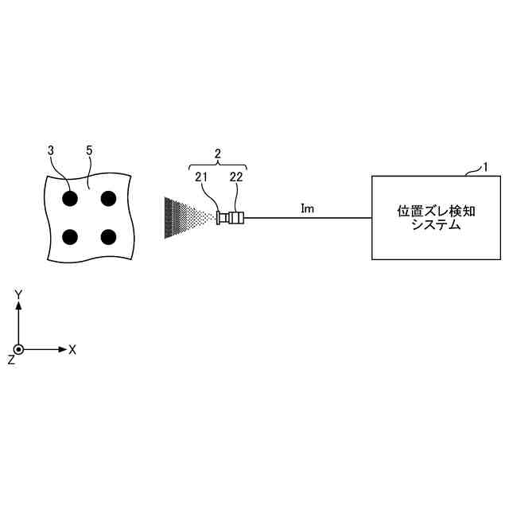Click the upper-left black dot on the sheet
tap(70, 197)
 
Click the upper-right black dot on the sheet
tap(108, 197)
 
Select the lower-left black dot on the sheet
tap(70, 236)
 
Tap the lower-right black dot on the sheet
tap(108, 236)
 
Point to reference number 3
tap(51, 150)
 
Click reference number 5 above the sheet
tap(88, 150)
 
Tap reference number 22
tap(236, 177)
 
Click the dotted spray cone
tap(185, 217)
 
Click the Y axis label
tap(18, 295)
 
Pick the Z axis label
tap(10, 359)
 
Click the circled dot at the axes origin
tap(18, 349)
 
